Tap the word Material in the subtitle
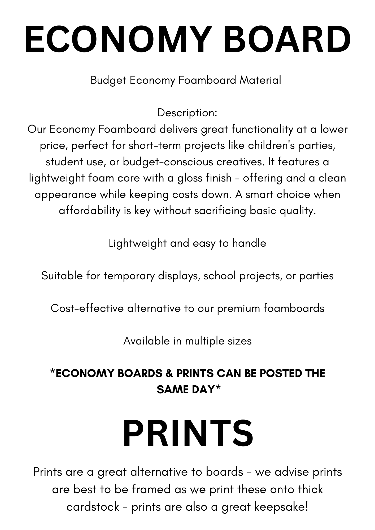pyautogui.click(x=260, y=80)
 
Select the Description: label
pyautogui.click(x=187, y=113)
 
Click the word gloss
pyautogui.click(x=190, y=178)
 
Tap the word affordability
pyautogui.click(x=90, y=211)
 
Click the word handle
pyautogui.click(x=249, y=243)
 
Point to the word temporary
pyautogui.click(x=129, y=276)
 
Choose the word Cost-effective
pyautogui.click(x=87, y=308)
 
